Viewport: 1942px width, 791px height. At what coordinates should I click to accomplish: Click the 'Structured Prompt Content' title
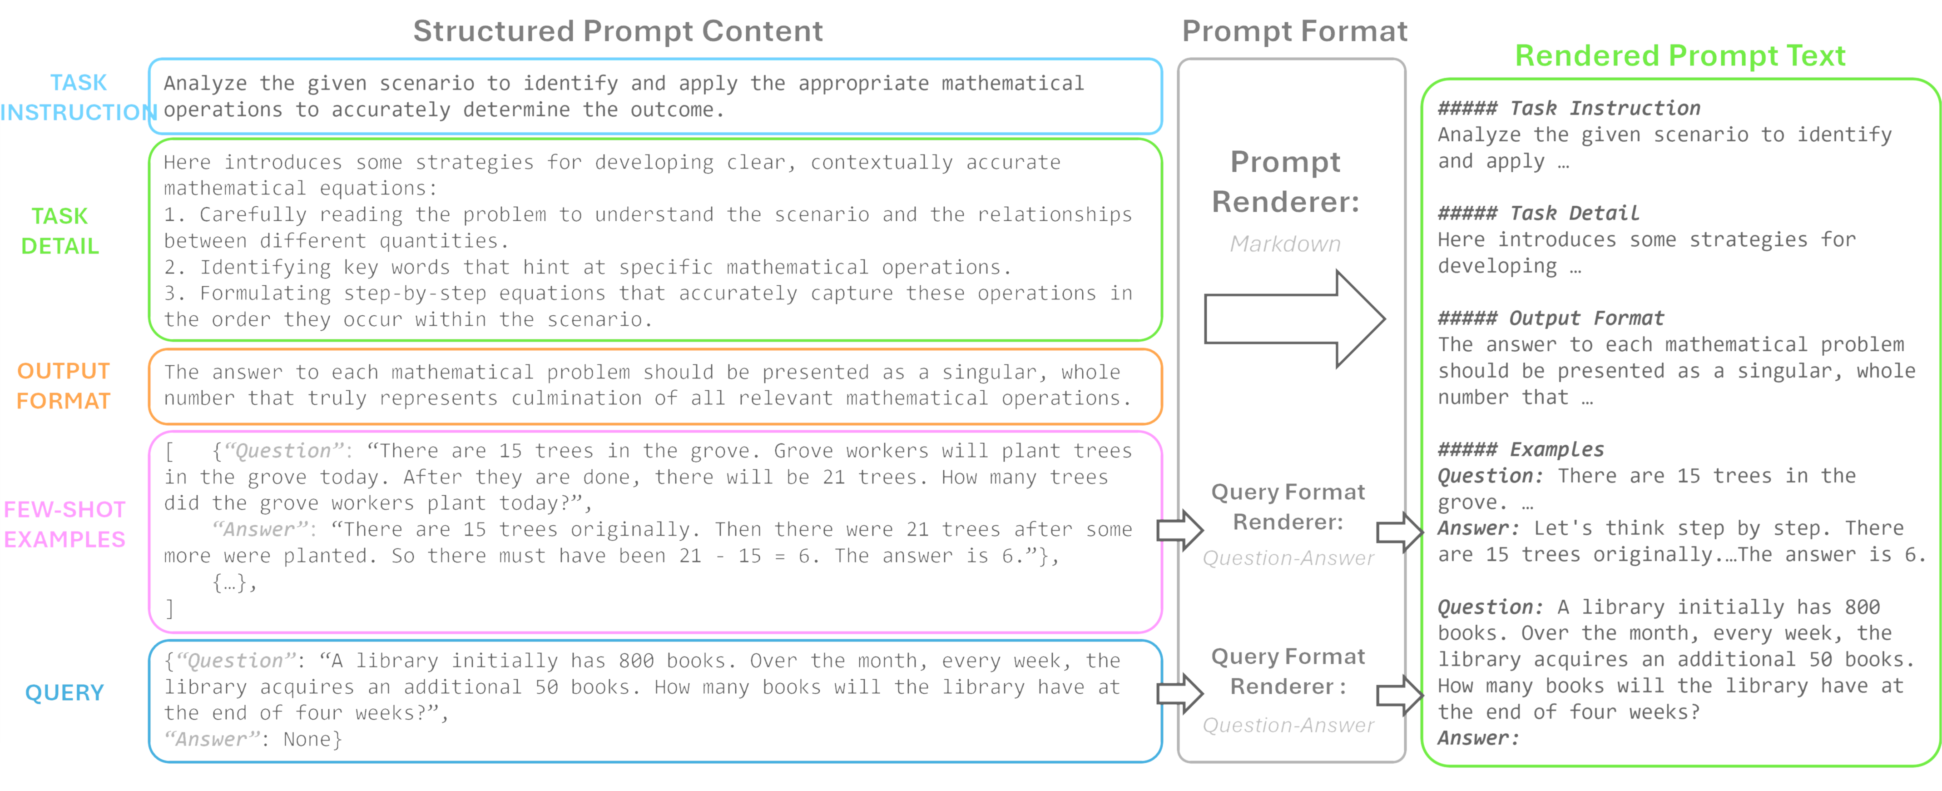pos(617,31)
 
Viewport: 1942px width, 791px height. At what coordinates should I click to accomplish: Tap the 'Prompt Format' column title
pos(1293,31)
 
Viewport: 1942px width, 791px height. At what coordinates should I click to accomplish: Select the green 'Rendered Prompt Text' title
pos(1679,56)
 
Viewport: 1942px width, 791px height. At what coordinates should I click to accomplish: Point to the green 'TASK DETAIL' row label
pos(60,231)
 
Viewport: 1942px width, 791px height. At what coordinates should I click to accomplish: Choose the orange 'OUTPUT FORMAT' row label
pos(63,385)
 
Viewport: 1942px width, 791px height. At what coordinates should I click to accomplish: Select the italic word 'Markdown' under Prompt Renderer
pos(1285,244)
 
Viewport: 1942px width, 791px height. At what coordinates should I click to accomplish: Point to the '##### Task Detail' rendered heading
pos(1538,214)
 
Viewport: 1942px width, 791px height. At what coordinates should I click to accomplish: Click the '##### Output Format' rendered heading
pos(1550,318)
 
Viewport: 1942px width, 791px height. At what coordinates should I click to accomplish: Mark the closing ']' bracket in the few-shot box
pos(169,608)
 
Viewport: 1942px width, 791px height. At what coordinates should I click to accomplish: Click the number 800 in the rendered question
pos(1861,607)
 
